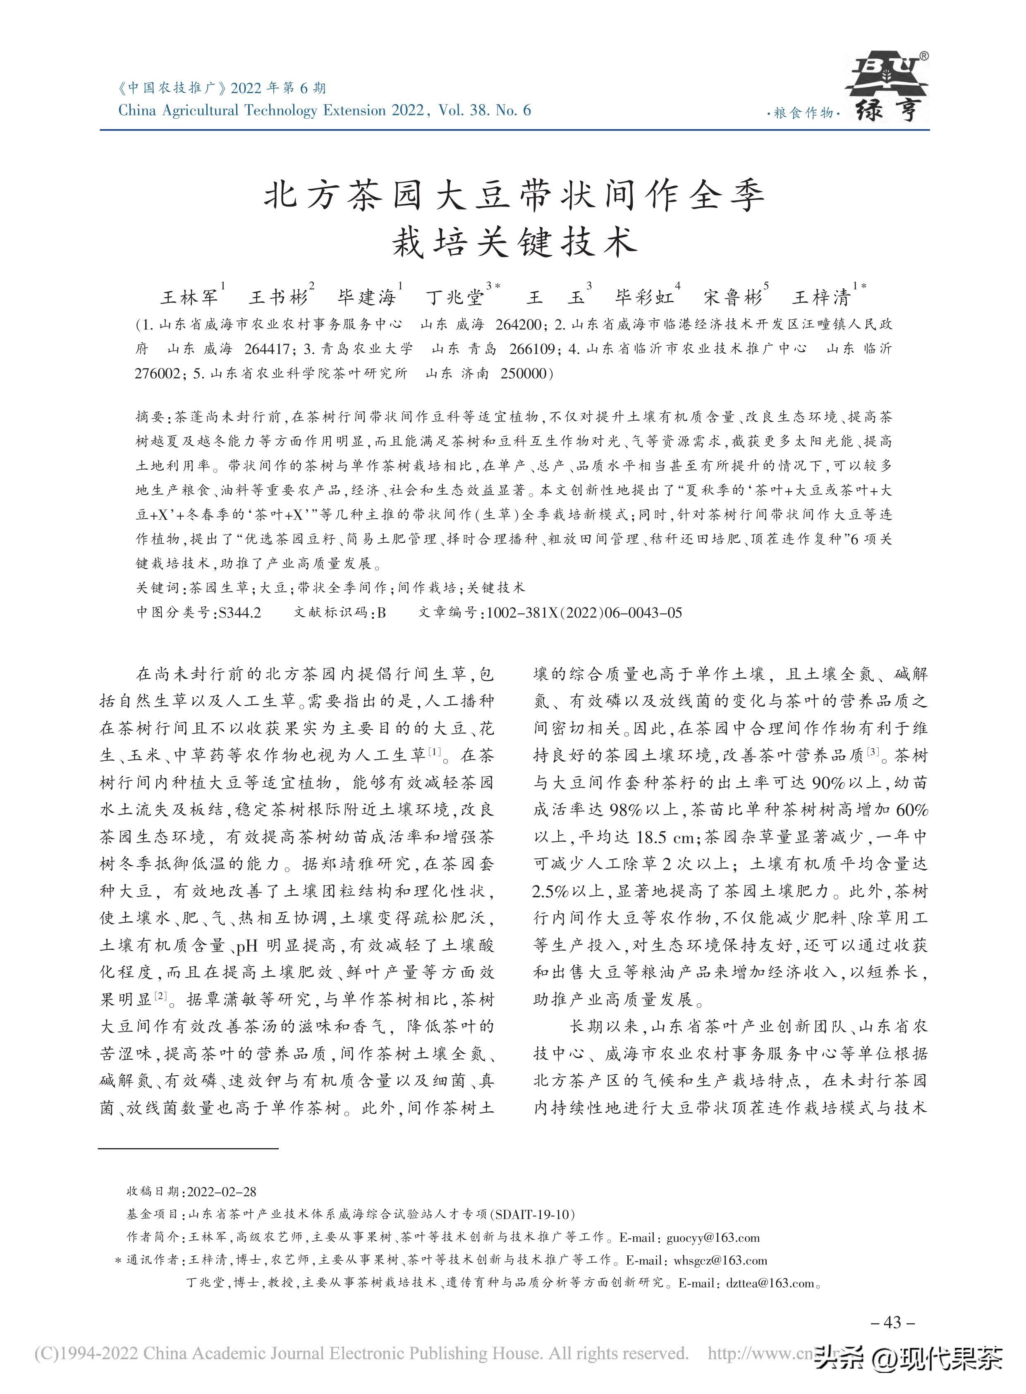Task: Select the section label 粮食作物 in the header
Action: pos(804,114)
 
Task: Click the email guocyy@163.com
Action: pos(713,1238)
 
